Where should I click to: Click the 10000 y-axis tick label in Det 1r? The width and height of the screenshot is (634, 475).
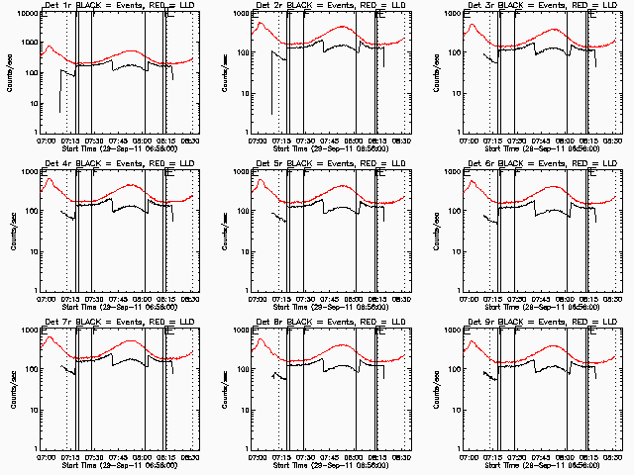(27, 15)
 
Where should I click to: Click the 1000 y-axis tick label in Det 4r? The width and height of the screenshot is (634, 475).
(29, 173)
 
